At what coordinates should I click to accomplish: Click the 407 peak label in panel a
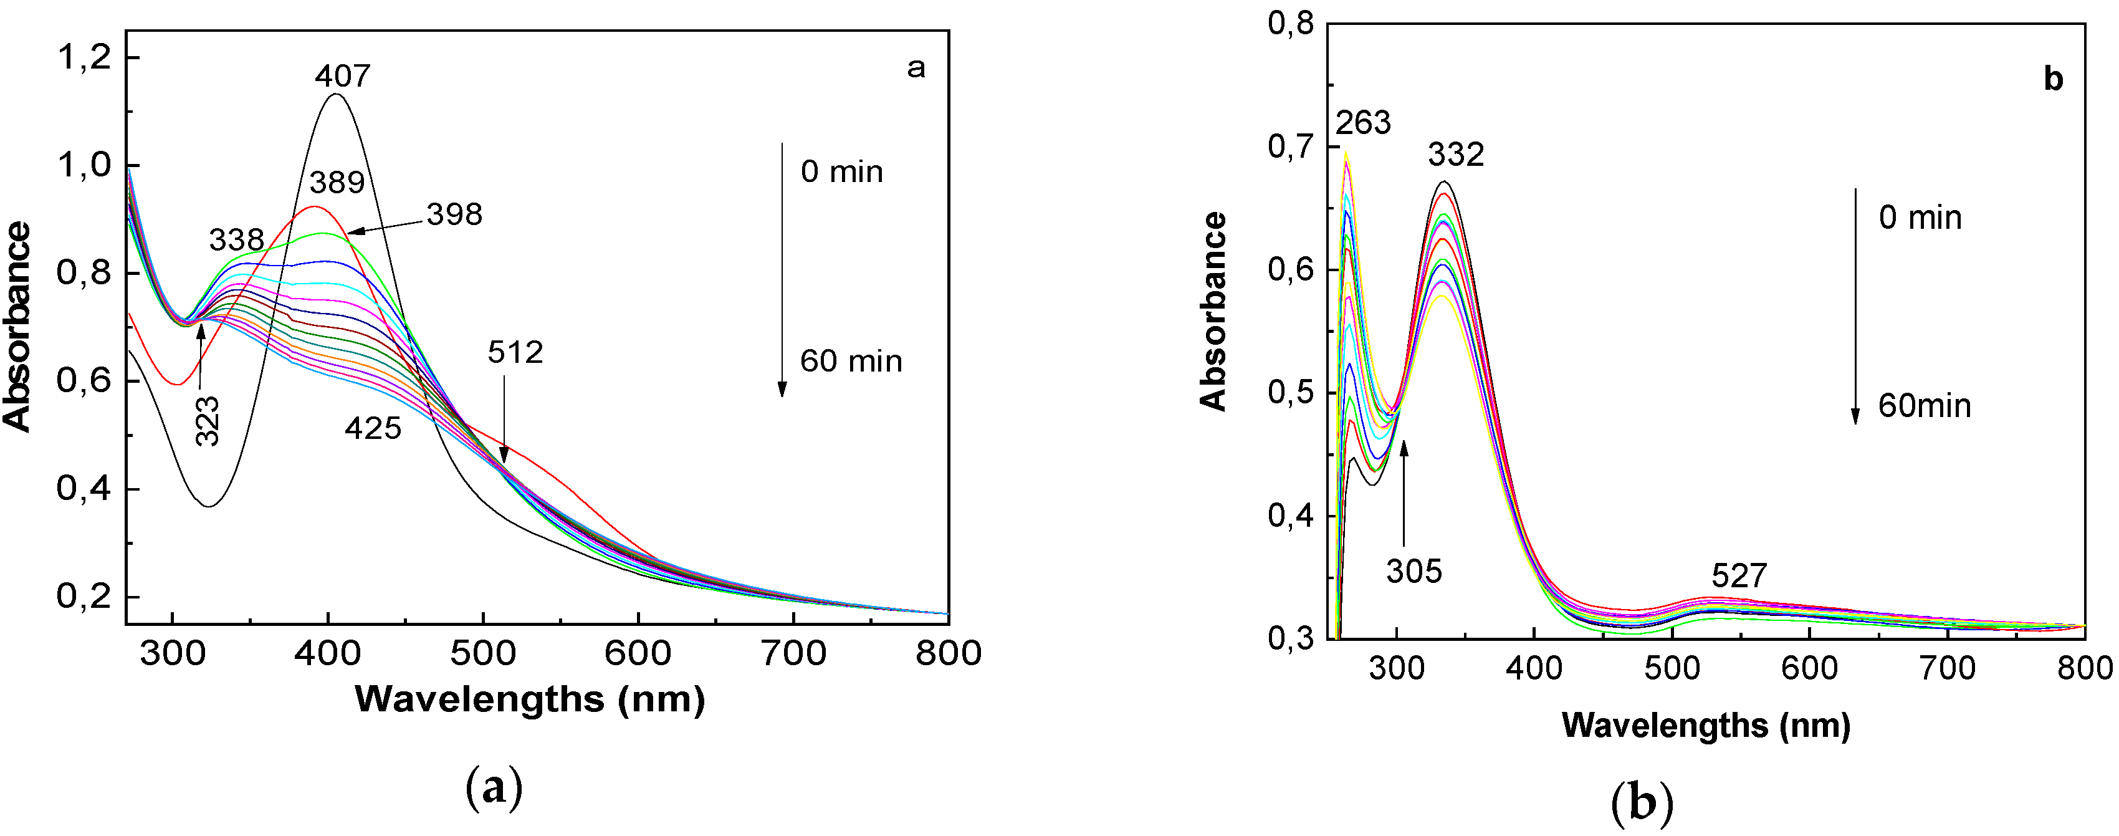pyautogui.click(x=342, y=75)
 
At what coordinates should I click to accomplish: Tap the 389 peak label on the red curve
pyautogui.click(x=337, y=182)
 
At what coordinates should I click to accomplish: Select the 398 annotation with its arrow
pyautogui.click(x=454, y=214)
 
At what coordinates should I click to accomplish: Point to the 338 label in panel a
pyautogui.click(x=237, y=240)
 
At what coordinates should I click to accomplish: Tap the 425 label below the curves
pyautogui.click(x=373, y=428)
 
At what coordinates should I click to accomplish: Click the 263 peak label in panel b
pyautogui.click(x=1363, y=123)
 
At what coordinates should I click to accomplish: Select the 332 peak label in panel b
pyautogui.click(x=1456, y=155)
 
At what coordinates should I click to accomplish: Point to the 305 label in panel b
pyautogui.click(x=1414, y=571)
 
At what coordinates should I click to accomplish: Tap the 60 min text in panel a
pyautogui.click(x=851, y=361)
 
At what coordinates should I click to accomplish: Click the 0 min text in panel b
pyautogui.click(x=1921, y=218)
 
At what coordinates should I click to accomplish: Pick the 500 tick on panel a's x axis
pyautogui.click(x=483, y=653)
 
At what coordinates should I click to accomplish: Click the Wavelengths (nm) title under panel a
pyautogui.click(x=530, y=699)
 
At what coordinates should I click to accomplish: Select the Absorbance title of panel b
pyautogui.click(x=1213, y=311)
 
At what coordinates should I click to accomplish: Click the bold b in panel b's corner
pyautogui.click(x=2053, y=79)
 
